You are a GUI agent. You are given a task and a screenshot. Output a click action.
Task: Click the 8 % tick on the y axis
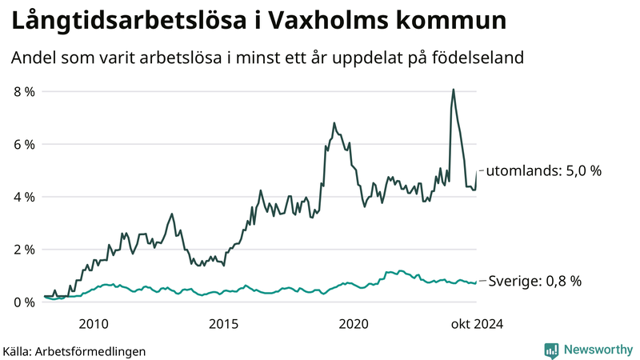[x=23, y=91]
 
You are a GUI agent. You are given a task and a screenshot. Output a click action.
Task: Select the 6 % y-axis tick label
[x=23, y=144]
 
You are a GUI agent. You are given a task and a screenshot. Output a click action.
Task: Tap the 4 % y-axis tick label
[x=23, y=197]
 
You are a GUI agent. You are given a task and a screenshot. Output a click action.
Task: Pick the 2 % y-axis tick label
[x=23, y=250]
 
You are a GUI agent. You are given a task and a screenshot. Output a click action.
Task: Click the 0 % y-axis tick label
[x=23, y=302]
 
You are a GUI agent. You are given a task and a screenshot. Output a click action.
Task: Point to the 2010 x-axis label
[x=94, y=323]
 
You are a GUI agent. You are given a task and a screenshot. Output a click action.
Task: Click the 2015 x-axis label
[x=224, y=323]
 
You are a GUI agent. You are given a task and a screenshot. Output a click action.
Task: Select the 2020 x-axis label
[x=354, y=323]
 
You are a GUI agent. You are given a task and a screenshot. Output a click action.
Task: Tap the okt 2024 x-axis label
[x=477, y=323]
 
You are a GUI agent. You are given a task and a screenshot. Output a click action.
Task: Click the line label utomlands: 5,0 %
[x=543, y=170]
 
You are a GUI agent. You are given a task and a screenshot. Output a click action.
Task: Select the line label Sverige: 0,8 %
[x=534, y=281]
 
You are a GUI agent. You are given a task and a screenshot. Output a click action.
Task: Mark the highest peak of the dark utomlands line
[x=454, y=90]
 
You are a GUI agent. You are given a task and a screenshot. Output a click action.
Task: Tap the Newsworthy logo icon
[x=551, y=350]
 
